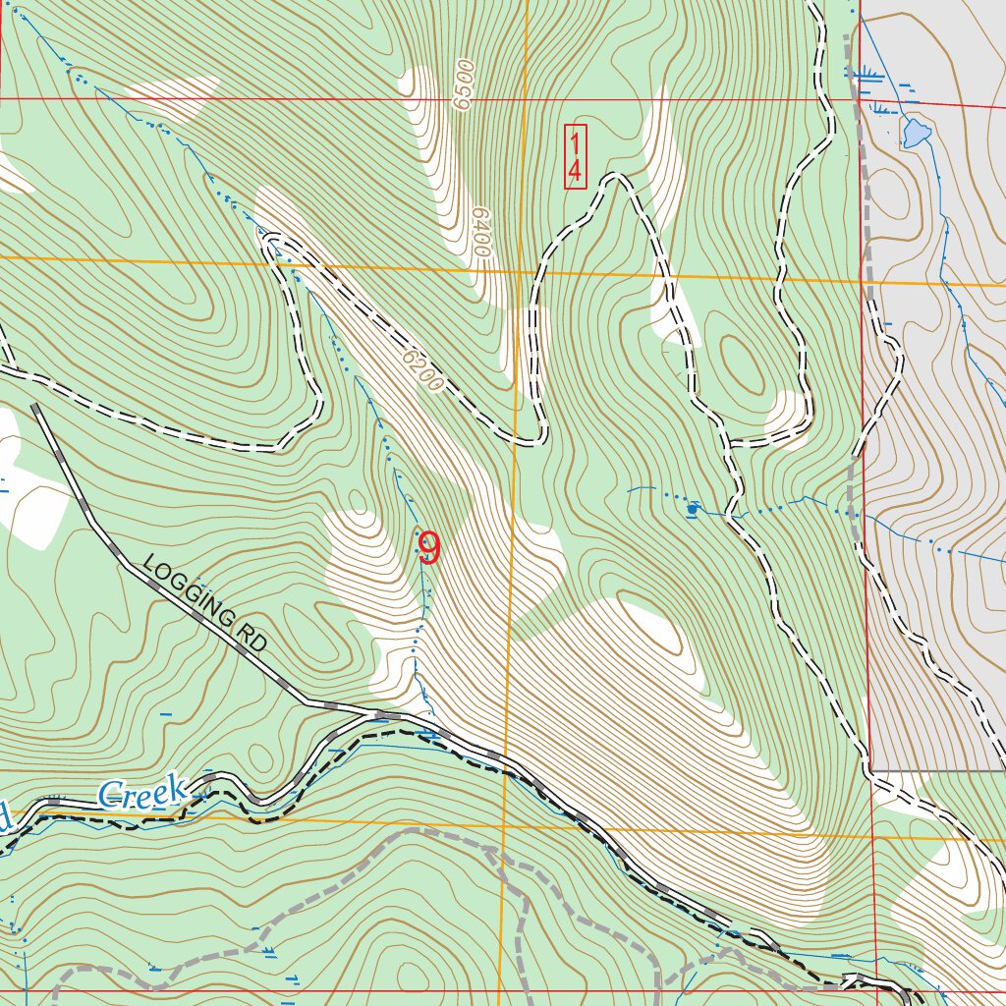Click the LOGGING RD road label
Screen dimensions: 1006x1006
[204, 605]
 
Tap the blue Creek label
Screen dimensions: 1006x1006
[143, 792]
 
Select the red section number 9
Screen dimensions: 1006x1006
[428, 549]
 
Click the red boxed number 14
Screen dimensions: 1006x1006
[575, 156]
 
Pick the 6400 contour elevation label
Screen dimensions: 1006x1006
[479, 232]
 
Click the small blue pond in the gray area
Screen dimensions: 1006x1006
[916, 132]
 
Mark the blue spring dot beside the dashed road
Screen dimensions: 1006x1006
[693, 509]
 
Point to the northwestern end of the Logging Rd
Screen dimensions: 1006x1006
[35, 405]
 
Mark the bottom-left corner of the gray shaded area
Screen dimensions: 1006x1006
[872, 769]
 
